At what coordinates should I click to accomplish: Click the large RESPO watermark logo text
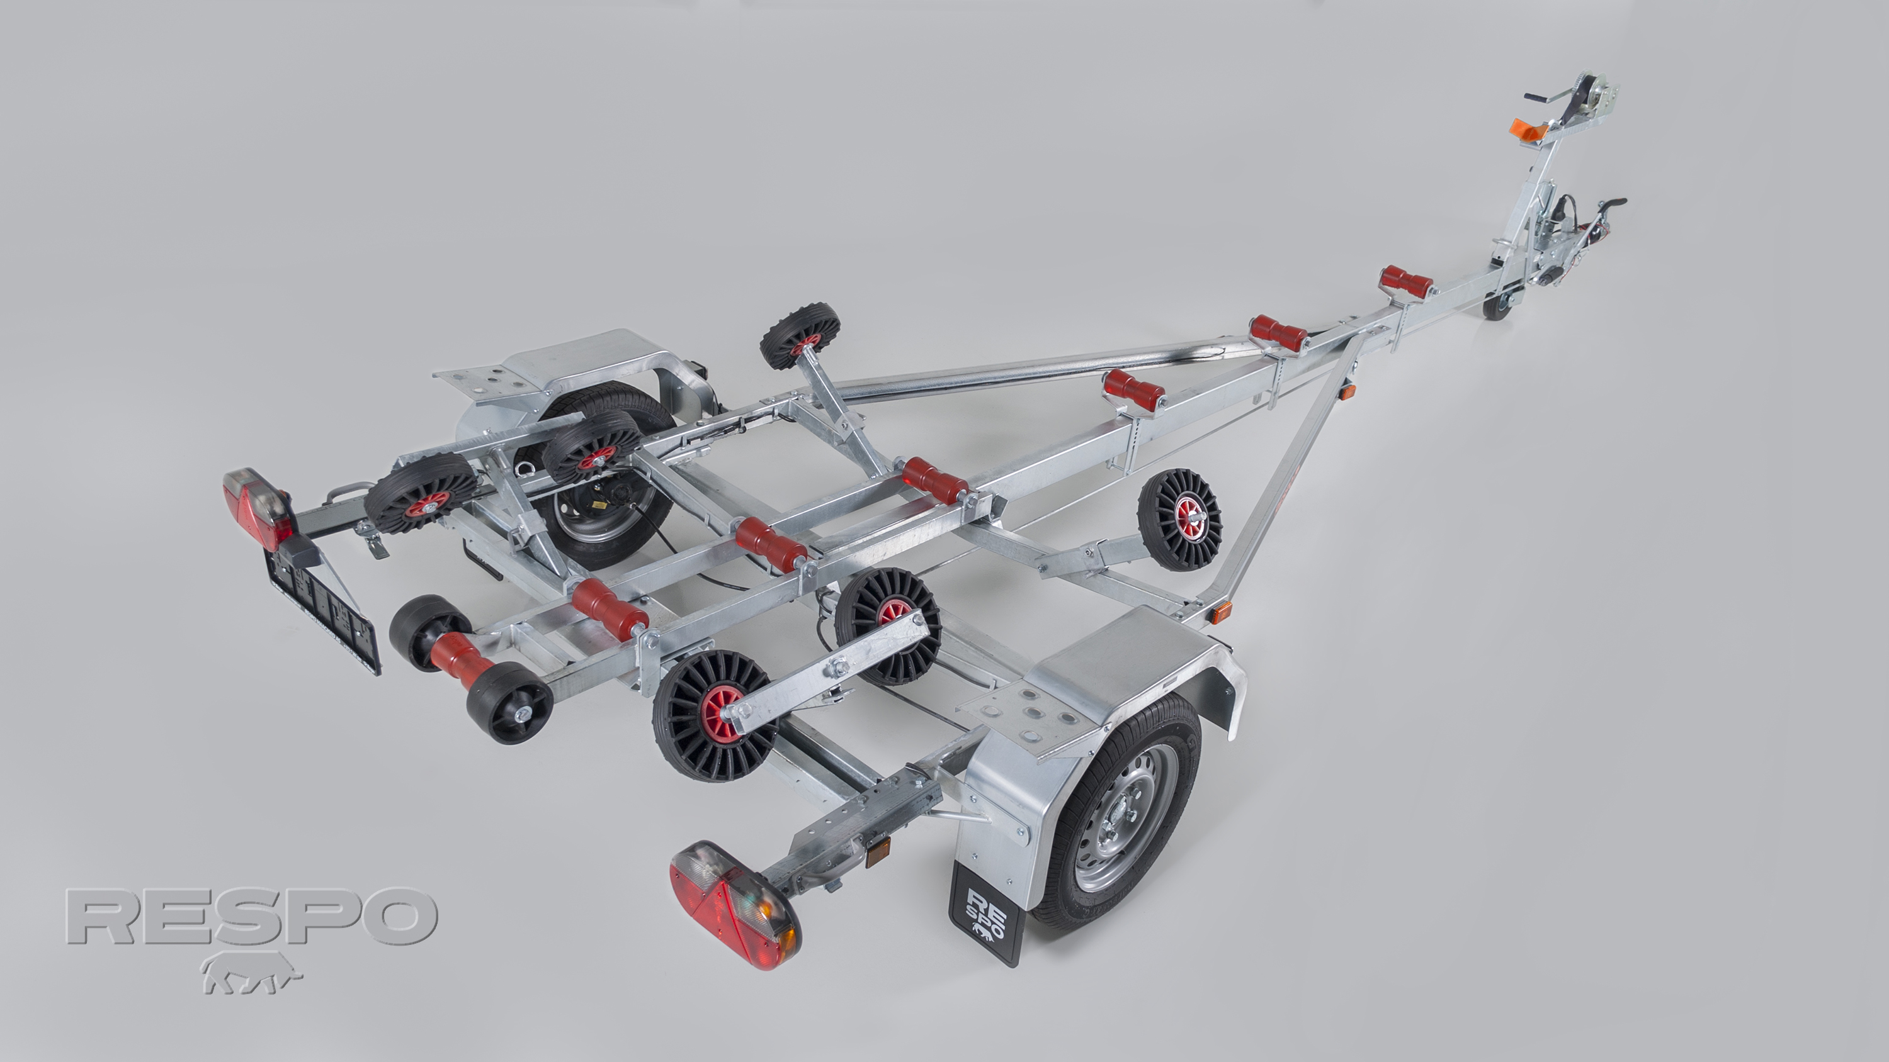point(251,916)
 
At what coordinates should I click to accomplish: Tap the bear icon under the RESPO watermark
point(251,972)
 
